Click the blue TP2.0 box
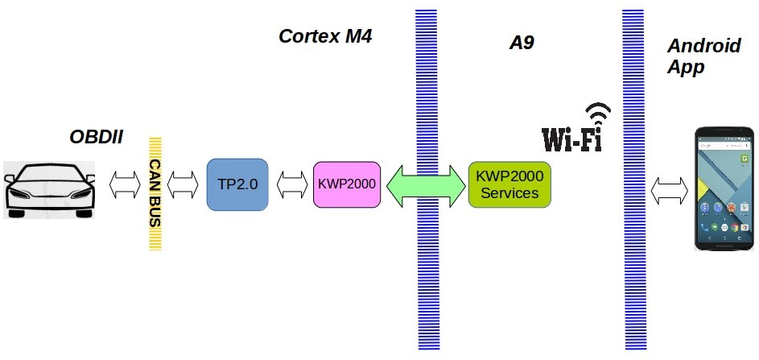(237, 184)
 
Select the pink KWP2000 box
(346, 184)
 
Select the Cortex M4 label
(325, 36)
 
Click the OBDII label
(97, 137)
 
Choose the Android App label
(703, 56)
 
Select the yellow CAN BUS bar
(157, 193)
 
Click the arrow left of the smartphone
(670, 191)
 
